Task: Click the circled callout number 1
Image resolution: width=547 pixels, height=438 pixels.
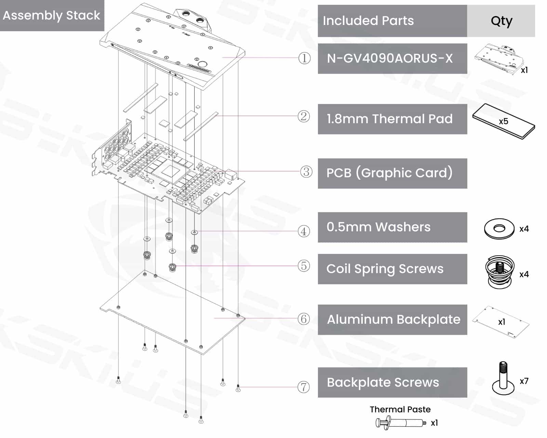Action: pyautogui.click(x=304, y=58)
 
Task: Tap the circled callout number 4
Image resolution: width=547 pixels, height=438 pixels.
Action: pyautogui.click(x=304, y=231)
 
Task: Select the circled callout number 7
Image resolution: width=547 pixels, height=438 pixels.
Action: pyautogui.click(x=304, y=387)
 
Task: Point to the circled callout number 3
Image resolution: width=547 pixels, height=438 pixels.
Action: pyautogui.click(x=306, y=172)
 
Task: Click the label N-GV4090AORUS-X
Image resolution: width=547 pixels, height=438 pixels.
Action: pyautogui.click(x=390, y=59)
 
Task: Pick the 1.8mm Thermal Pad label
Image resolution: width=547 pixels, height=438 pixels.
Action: pyautogui.click(x=390, y=119)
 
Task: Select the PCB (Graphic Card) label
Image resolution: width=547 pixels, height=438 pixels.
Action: pyautogui.click(x=390, y=173)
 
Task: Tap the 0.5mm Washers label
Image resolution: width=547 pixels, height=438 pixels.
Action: pyautogui.click(x=378, y=227)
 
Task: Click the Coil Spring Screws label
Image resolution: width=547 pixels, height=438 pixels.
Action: pyautogui.click(x=385, y=269)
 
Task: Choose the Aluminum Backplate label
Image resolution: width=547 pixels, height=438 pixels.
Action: pyautogui.click(x=393, y=320)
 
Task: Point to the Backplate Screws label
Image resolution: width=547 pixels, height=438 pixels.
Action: pyautogui.click(x=383, y=383)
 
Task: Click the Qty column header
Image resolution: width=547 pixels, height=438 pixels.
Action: pyautogui.click(x=501, y=21)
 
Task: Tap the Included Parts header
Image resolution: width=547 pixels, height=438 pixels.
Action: pyautogui.click(x=368, y=21)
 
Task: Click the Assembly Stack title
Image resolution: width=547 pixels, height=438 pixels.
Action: pyautogui.click(x=51, y=15)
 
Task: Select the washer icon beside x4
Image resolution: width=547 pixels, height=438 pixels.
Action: pyautogui.click(x=499, y=229)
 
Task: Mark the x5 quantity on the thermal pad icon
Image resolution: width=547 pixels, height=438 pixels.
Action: pyautogui.click(x=503, y=121)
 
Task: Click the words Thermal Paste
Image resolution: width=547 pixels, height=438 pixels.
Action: pyautogui.click(x=400, y=409)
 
